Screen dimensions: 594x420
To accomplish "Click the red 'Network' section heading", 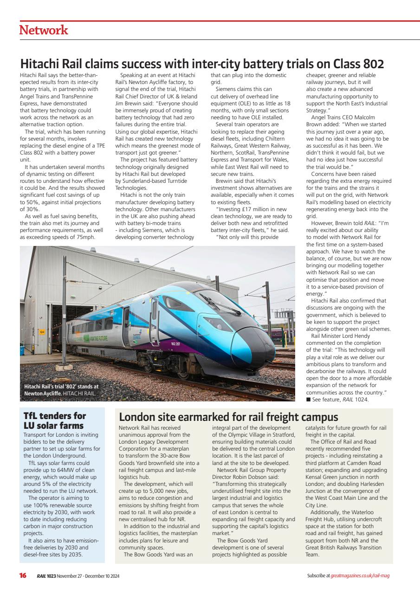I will pyautogui.click(x=44, y=31).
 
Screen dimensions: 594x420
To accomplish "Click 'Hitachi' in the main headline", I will pyautogui.click(x=45, y=64).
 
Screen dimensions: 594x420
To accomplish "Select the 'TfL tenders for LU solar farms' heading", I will pyautogui.click(x=55, y=420).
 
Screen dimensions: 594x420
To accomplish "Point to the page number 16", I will pyautogui.click(x=23, y=576).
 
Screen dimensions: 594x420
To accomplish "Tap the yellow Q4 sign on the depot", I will pyautogui.click(x=42, y=332).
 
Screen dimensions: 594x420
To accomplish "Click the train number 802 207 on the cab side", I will pyautogui.click(x=176, y=344).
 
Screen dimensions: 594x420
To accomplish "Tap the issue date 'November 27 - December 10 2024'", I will pyautogui.click(x=89, y=576).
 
